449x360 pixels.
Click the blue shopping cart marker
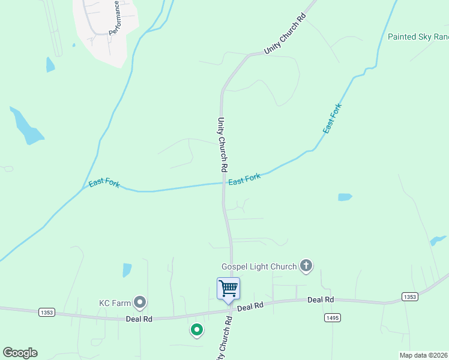pos(228,289)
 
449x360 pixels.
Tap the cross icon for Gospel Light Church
pos(306,265)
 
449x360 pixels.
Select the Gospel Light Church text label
pos(259,266)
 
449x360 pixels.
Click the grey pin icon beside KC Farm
pos(140,302)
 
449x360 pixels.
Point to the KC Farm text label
pos(115,302)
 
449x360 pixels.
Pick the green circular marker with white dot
pos(196,329)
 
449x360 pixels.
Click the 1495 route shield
pos(332,316)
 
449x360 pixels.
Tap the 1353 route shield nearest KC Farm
pos(47,312)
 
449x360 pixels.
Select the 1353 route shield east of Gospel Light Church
pos(409,297)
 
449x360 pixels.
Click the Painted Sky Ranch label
pos(418,37)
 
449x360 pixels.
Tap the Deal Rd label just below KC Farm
pos(139,319)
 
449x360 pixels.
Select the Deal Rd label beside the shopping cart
pos(250,307)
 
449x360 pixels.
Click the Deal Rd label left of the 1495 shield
pos(321,299)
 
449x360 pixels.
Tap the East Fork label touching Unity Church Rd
pos(244,179)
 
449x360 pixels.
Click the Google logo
pos(20,353)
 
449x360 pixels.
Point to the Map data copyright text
pos(424,355)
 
